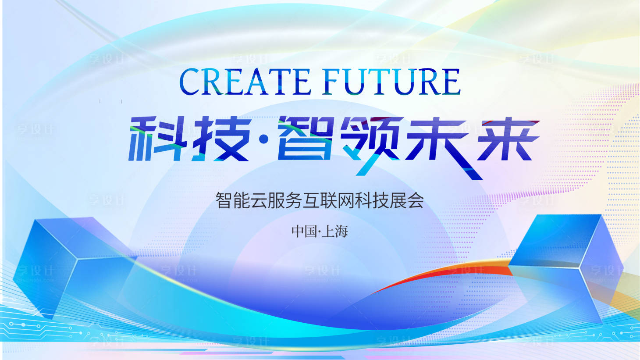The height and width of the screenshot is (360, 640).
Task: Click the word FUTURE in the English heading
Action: [x=391, y=82]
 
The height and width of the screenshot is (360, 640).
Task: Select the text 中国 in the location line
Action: [x=304, y=231]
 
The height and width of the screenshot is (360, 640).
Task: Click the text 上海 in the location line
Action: [x=335, y=231]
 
